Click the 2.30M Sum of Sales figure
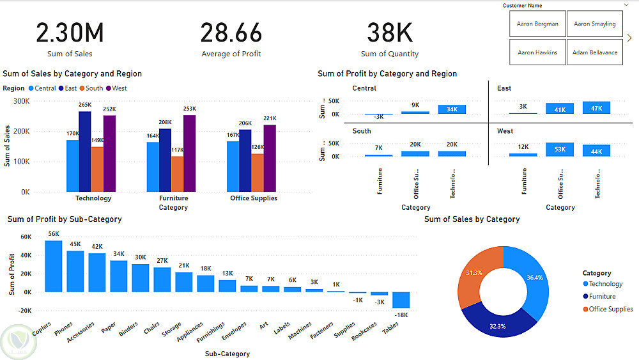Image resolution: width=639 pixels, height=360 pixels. (x=70, y=33)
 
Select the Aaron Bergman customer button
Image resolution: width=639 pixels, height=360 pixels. (x=537, y=24)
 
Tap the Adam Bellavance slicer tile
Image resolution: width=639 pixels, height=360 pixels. (x=594, y=52)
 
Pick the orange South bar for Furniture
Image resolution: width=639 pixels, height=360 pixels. (x=177, y=174)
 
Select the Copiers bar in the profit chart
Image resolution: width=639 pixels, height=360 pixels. (x=54, y=266)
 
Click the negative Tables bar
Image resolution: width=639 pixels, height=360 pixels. (x=401, y=300)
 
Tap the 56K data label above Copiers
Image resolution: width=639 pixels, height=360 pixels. (x=54, y=234)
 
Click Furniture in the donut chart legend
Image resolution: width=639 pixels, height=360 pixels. (x=602, y=297)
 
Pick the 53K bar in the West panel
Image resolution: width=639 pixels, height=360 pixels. (x=560, y=150)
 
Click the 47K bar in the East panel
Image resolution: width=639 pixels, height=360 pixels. (x=596, y=107)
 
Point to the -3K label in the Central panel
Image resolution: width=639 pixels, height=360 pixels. (x=379, y=117)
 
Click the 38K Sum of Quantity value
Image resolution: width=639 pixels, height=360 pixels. (x=389, y=33)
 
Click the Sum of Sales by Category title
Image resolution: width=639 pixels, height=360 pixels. (x=472, y=219)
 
